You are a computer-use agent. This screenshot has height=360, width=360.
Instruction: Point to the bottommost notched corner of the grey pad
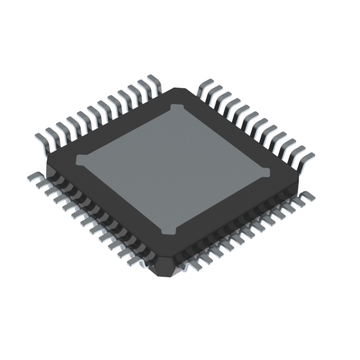click(168, 230)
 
